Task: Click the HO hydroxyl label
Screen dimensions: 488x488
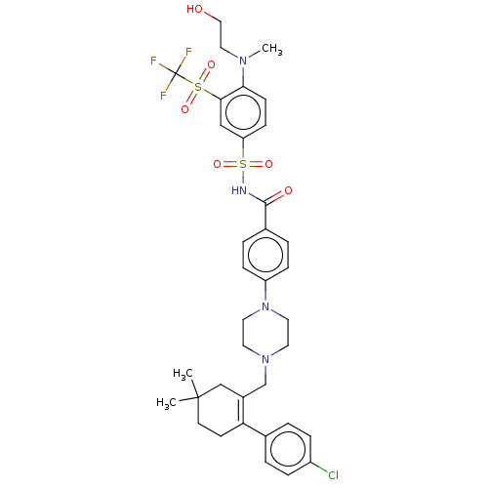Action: click(195, 9)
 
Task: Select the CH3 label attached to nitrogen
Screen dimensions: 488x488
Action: click(272, 49)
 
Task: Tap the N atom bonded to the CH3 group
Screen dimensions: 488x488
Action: click(243, 61)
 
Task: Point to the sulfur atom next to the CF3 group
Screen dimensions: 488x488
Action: click(198, 87)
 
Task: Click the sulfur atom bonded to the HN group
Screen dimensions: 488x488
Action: click(243, 164)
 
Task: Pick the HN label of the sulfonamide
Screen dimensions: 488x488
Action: click(239, 190)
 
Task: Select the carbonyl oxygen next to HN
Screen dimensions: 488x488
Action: click(288, 190)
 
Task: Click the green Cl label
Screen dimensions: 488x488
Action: click(333, 475)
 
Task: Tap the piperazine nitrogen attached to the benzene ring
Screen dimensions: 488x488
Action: click(265, 306)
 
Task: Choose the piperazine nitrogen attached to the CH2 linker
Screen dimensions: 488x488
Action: click(265, 359)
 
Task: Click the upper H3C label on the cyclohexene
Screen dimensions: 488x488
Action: click(183, 374)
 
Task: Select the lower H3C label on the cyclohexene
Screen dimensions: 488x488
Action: click(166, 403)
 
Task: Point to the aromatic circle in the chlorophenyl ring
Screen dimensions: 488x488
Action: click(288, 449)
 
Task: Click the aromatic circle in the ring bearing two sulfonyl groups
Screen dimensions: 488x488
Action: click(243, 112)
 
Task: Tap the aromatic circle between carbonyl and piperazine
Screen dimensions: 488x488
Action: click(265, 255)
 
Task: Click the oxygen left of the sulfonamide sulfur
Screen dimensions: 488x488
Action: click(217, 164)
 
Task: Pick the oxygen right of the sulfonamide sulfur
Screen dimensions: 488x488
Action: click(268, 164)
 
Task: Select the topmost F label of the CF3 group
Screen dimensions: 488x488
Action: click(188, 52)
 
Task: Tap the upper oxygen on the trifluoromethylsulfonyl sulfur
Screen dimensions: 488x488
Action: click(211, 65)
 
